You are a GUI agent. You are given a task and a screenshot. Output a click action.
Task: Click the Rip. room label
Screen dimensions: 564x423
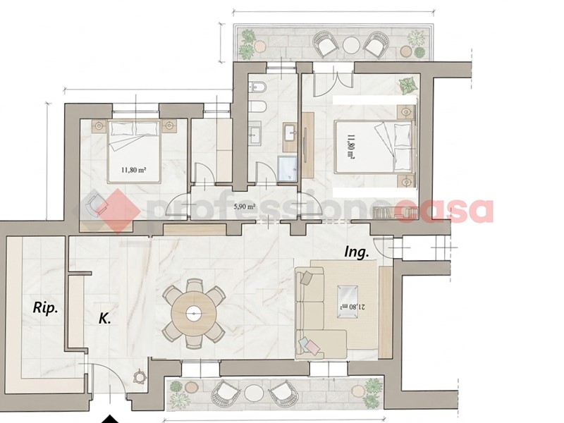[45, 308]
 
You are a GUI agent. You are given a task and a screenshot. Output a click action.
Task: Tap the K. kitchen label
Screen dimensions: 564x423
[104, 318]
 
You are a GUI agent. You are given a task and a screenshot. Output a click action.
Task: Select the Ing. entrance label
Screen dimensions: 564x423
[357, 252]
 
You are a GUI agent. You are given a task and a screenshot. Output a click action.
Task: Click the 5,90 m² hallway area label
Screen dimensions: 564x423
[244, 207]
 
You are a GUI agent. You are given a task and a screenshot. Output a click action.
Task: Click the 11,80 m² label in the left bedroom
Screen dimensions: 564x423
[134, 169]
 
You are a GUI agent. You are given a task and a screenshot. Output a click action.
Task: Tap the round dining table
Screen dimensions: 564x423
[194, 314]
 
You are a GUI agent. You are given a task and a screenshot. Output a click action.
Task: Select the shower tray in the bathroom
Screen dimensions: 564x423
[287, 169]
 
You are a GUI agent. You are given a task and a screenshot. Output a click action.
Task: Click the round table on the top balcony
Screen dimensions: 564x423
[351, 44]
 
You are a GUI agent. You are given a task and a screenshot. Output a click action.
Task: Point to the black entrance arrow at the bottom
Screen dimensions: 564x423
[110, 419]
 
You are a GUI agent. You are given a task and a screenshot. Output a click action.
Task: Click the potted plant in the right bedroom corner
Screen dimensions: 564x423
[408, 86]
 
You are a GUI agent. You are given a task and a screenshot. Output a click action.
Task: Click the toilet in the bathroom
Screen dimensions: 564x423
[257, 107]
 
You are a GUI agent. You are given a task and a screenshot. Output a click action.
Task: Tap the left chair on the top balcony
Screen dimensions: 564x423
[325, 44]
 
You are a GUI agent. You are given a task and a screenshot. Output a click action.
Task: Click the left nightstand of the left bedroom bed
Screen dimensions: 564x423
[99, 125]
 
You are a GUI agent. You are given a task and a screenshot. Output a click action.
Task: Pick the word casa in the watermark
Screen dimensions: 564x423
[444, 211]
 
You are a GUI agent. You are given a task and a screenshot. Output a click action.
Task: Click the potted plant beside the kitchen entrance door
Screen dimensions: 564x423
[140, 376]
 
